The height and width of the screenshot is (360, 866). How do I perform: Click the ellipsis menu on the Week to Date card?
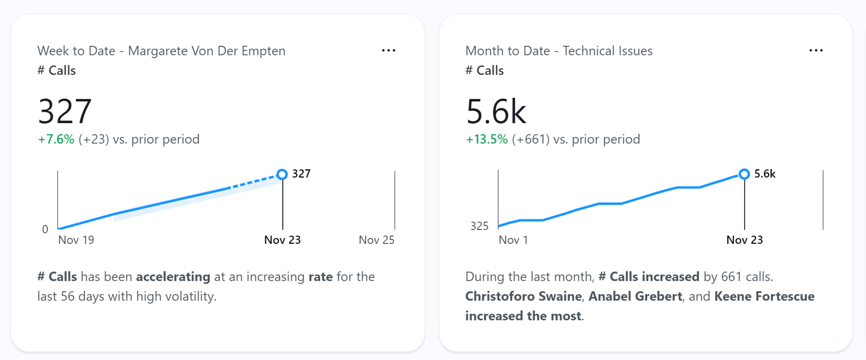point(388,51)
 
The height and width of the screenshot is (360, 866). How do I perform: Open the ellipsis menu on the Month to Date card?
point(816,51)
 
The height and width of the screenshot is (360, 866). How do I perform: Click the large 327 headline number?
point(65,111)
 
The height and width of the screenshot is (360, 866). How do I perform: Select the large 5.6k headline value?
point(496,111)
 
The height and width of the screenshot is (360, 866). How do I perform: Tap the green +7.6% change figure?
point(56,139)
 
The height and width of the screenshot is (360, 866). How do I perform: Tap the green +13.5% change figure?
point(487,139)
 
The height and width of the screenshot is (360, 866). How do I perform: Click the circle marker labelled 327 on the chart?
point(282,174)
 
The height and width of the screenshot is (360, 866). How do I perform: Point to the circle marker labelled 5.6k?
point(744,174)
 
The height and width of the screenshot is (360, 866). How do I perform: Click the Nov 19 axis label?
point(76,240)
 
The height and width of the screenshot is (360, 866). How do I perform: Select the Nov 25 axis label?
point(376,240)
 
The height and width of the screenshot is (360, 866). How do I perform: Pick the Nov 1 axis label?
point(513,240)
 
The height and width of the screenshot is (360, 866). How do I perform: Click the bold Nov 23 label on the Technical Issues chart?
point(744,240)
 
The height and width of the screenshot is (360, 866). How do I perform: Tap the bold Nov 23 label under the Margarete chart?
point(282,240)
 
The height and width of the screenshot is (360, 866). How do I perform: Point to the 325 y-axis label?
point(479,226)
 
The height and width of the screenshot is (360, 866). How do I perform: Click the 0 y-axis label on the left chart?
point(45,229)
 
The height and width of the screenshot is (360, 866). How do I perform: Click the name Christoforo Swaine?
point(523,296)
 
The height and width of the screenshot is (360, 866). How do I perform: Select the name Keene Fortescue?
point(764,296)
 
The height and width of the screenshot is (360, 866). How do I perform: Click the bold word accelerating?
point(173,277)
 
